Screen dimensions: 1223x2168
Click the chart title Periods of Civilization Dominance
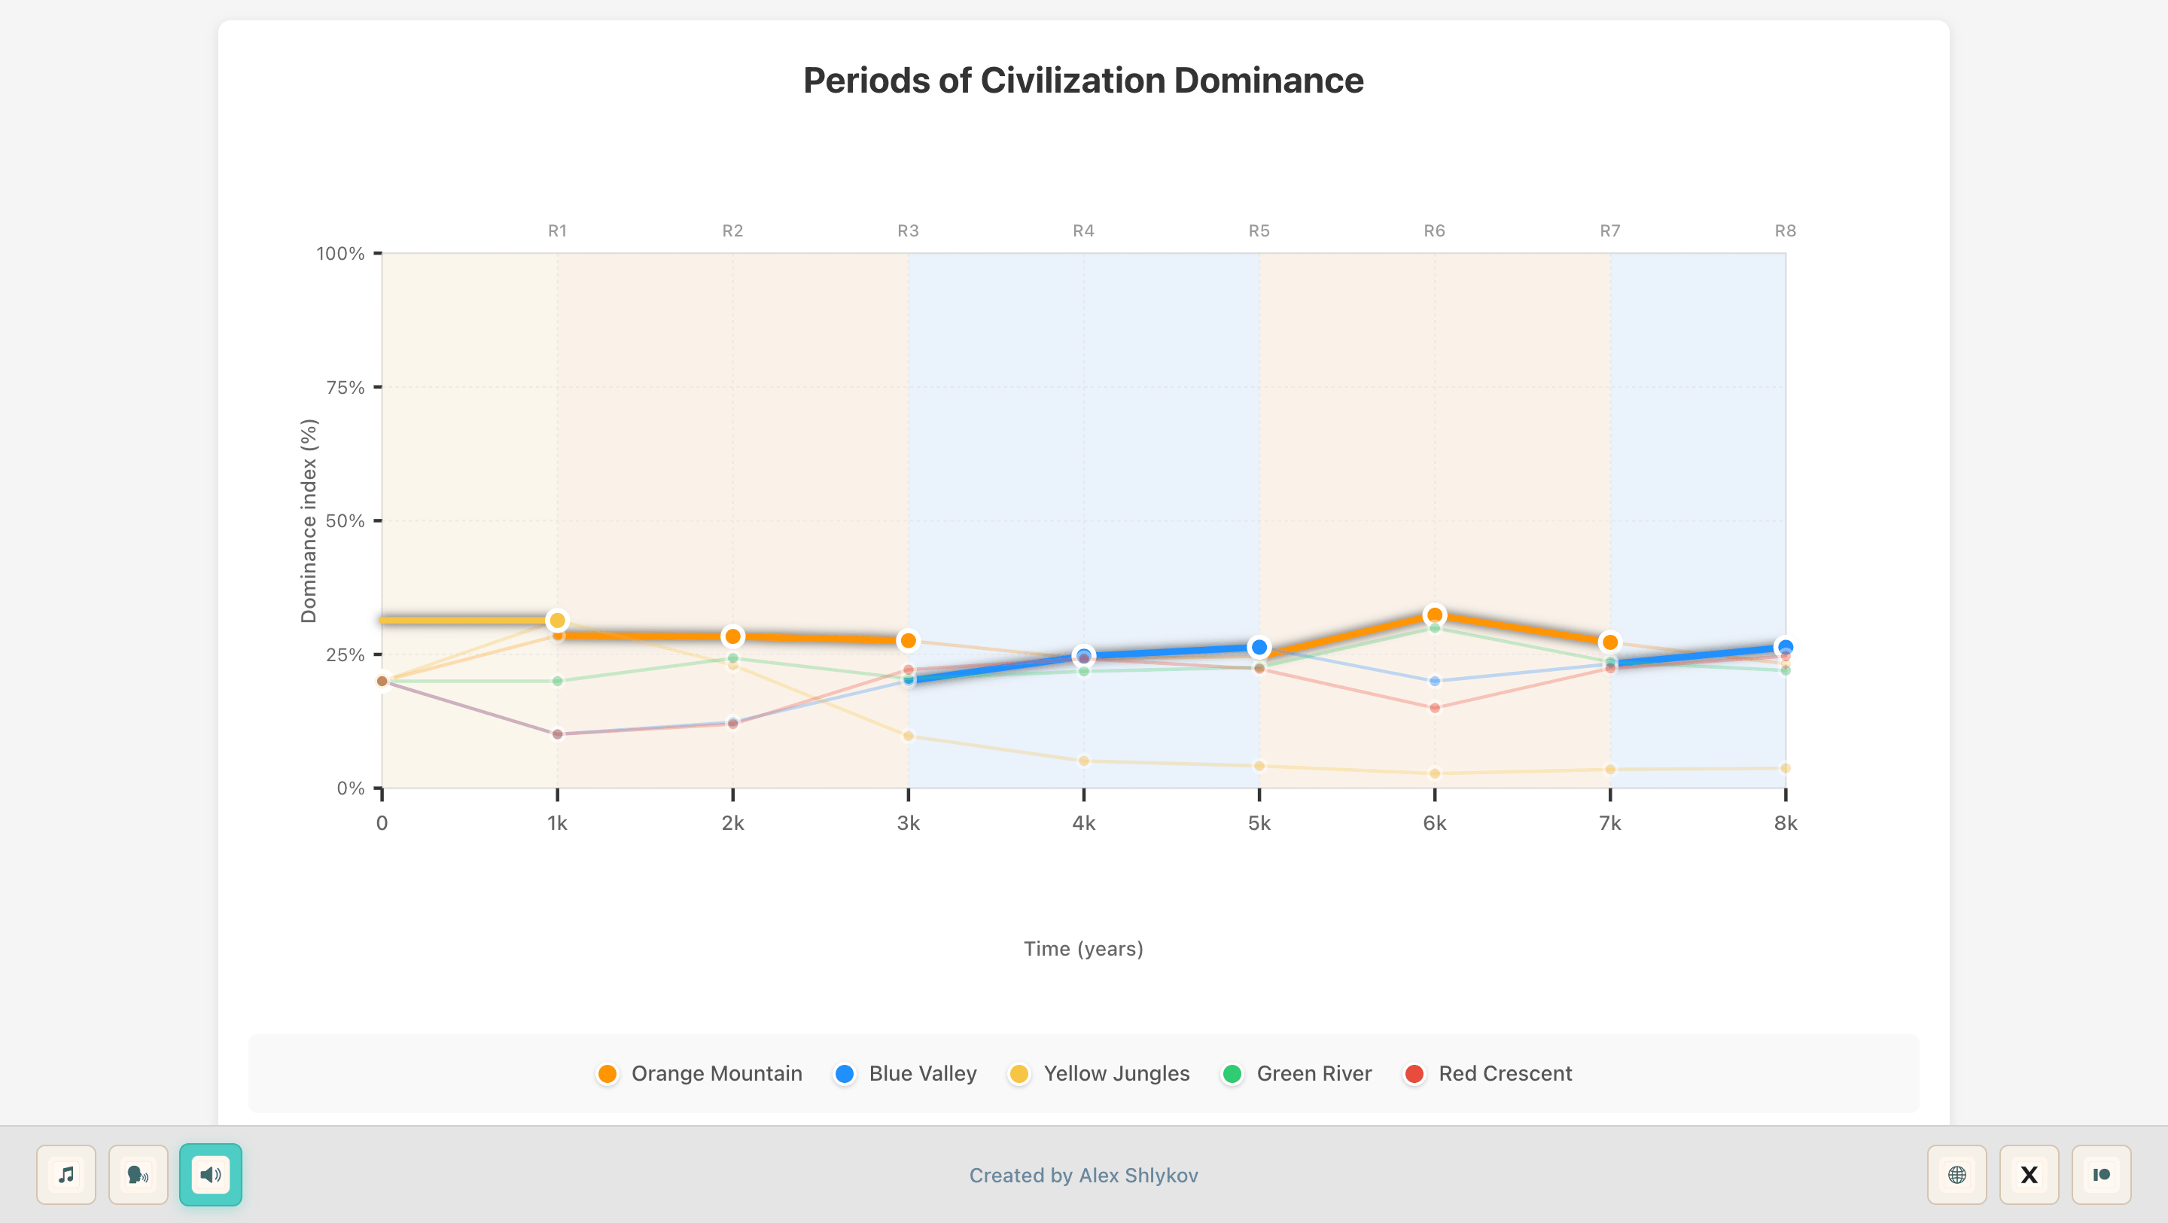click(x=1083, y=81)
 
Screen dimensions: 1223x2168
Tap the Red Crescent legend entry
click(x=1488, y=1073)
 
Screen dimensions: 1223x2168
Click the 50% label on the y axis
click(x=345, y=521)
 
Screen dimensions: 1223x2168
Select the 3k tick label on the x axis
click(x=908, y=823)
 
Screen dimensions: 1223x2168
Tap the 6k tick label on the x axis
click(x=1434, y=823)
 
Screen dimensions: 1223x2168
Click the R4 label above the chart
click(x=1083, y=230)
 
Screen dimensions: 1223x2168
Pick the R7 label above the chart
click(x=1609, y=230)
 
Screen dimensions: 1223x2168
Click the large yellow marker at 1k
click(x=557, y=621)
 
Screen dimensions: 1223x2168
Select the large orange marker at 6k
click(x=1435, y=615)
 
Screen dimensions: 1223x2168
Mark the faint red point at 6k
click(x=1435, y=708)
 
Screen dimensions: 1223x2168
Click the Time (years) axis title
click(x=1083, y=949)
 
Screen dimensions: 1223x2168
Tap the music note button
click(x=66, y=1174)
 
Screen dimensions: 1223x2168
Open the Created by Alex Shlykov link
click(x=1083, y=1175)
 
